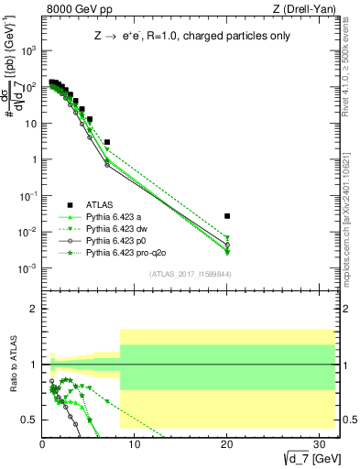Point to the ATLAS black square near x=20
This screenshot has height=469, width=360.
227,216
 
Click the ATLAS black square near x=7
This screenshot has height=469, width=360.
107,143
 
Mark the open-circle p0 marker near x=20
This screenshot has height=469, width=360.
227,245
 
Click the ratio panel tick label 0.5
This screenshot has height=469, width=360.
30,420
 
